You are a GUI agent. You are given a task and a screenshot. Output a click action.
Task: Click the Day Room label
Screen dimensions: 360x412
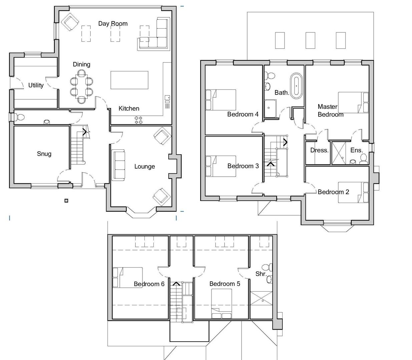click(113, 24)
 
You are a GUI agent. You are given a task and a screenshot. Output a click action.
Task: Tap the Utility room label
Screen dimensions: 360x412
click(36, 85)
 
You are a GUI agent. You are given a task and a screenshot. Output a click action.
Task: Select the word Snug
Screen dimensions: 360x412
click(44, 154)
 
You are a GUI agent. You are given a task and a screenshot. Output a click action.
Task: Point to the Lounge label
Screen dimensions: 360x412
click(144, 166)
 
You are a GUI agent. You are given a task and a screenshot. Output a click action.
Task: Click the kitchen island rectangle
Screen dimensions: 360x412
click(129, 80)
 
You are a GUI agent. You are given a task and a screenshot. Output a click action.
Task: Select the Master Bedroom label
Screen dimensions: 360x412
click(330, 111)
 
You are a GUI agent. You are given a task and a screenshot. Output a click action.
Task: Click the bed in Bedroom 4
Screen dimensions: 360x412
click(221, 100)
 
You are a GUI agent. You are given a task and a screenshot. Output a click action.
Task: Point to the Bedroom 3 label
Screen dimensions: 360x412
click(243, 166)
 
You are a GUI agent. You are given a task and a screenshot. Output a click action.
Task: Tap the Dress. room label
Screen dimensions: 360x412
click(319, 150)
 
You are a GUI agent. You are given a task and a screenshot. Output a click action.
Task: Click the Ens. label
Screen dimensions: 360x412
click(356, 150)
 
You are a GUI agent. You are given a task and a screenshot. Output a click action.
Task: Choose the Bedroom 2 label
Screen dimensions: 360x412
click(333, 192)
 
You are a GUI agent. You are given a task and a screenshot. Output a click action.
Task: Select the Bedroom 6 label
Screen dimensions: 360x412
click(149, 284)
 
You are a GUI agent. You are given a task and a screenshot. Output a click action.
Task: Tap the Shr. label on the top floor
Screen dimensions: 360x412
click(261, 274)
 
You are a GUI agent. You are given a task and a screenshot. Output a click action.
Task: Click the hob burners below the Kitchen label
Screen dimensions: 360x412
click(139, 120)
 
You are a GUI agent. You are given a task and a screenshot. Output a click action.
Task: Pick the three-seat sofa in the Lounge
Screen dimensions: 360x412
click(119, 165)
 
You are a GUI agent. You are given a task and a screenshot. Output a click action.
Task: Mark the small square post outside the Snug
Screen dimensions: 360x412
click(66, 200)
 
